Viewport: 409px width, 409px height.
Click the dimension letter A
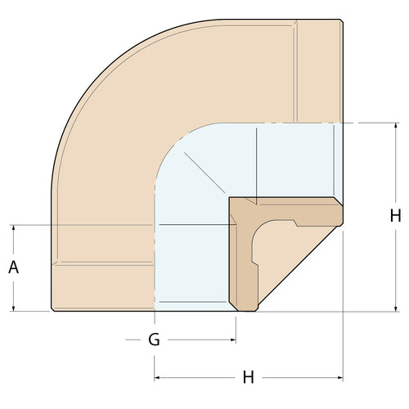[x=14, y=267]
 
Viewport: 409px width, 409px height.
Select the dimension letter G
[x=154, y=339]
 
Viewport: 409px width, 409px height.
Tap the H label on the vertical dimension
[x=395, y=216]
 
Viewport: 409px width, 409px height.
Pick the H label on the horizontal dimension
[x=249, y=377]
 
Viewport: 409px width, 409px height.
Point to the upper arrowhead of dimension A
[x=14, y=228]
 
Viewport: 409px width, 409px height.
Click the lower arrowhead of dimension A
[x=14, y=308]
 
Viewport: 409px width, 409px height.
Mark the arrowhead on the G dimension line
[x=232, y=339]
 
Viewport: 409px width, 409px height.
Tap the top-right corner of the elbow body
[x=341, y=20]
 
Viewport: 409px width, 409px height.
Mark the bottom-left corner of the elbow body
[x=52, y=309]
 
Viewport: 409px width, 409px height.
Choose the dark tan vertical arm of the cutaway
[x=243, y=262]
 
